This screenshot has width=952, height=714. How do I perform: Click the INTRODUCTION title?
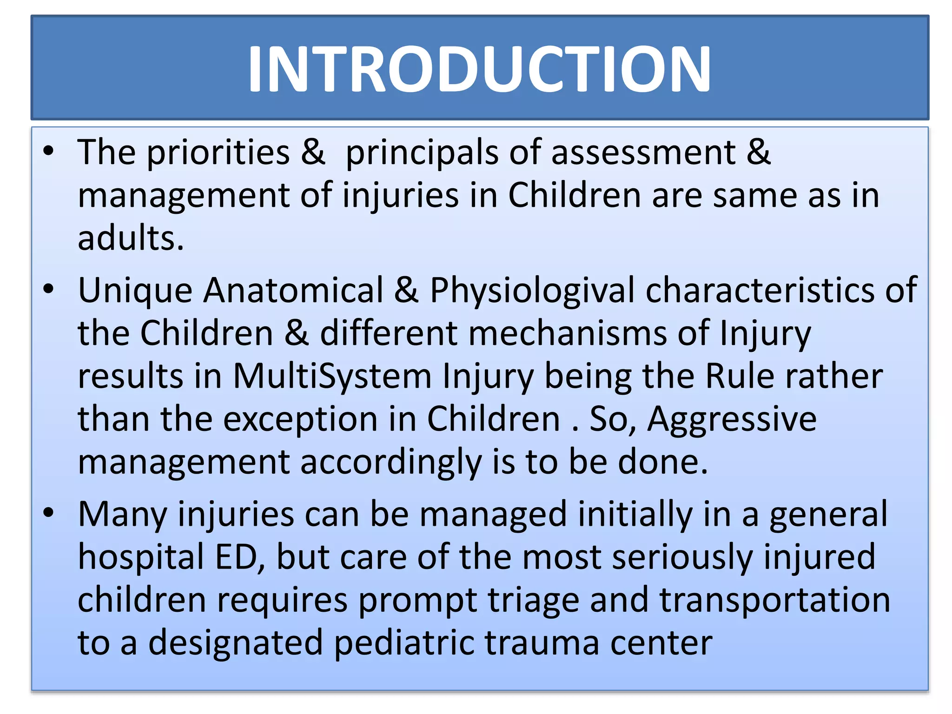coord(479,69)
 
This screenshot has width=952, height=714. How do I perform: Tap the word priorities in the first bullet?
coord(218,152)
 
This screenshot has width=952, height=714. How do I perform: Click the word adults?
coord(131,238)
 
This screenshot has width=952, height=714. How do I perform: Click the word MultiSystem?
coord(332,376)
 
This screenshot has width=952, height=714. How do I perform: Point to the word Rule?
coord(740,376)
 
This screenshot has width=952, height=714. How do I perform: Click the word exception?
coord(300,419)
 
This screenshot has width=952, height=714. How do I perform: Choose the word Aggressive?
coord(732,419)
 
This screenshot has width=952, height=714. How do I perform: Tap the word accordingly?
coord(391,463)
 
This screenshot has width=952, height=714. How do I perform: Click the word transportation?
coord(775,600)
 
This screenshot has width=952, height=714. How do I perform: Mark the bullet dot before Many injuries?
coord(48,513)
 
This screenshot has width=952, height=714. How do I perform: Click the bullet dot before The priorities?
coord(48,151)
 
